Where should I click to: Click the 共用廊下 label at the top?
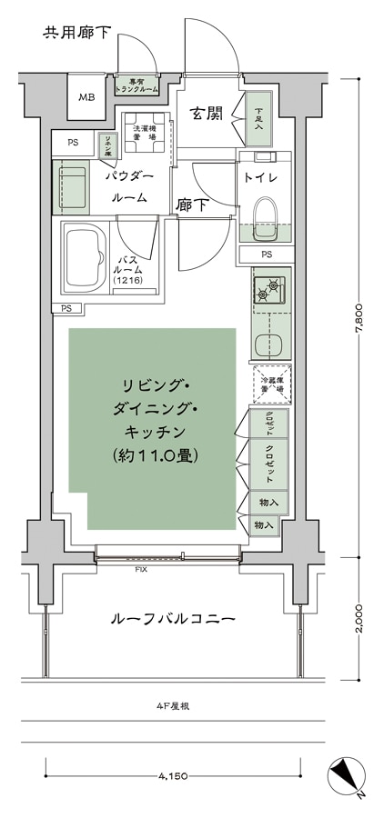pos(76,34)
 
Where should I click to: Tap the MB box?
pos(86,98)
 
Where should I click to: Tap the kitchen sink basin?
pos(269,345)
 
